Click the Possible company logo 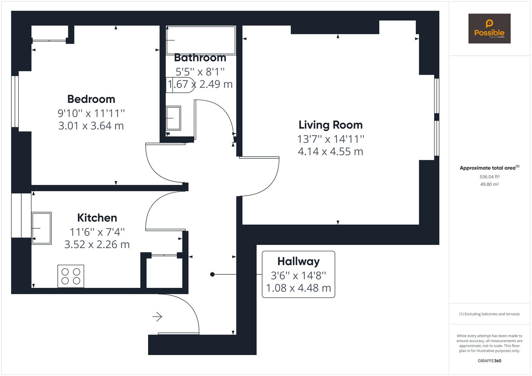489,29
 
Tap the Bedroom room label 91,99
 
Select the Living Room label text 330,125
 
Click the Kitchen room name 97,218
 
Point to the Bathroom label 200,57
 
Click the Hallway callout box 298,274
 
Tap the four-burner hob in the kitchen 71,276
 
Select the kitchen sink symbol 41,228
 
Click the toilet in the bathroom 180,85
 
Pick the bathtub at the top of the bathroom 201,40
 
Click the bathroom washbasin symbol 173,118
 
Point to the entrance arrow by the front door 157,317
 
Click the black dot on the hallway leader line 212,274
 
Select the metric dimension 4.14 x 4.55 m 330,152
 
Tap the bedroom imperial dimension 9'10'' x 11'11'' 91,113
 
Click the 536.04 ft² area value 489,177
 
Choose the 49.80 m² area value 489,185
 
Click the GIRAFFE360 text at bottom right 489,361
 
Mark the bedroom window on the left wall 15,101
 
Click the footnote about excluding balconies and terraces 489,314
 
